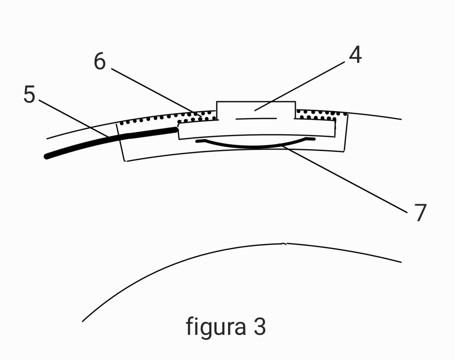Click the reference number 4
tap(356, 54)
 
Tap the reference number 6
tap(100, 61)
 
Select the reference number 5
tap(29, 94)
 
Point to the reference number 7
tap(421, 213)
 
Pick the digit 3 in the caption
tap(260, 327)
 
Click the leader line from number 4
tap(300, 86)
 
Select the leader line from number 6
tap(156, 92)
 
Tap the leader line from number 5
tap(74, 119)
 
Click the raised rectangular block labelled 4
tap(256, 110)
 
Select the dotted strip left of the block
tap(169, 118)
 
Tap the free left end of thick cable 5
tap(47, 157)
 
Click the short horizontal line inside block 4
tap(256, 119)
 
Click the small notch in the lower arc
tap(284, 244)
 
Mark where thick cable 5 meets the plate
tap(177, 130)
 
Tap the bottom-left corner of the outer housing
tap(125, 161)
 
